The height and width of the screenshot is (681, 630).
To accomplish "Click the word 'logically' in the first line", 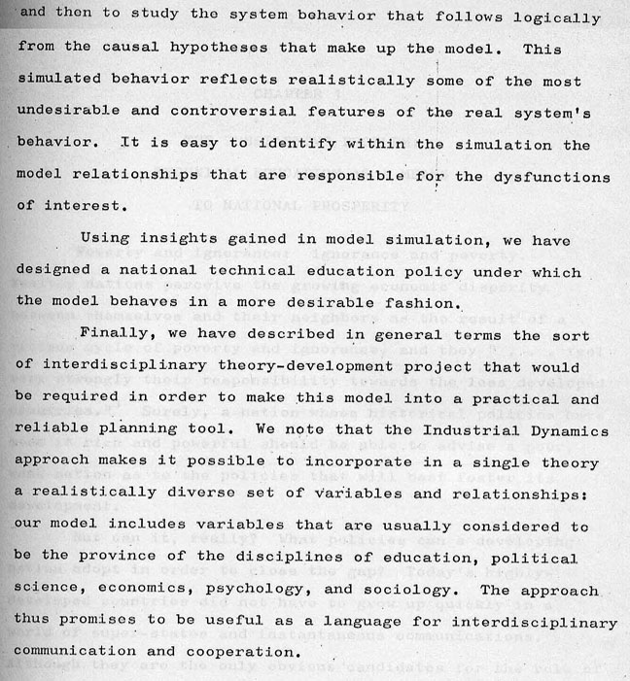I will click(x=555, y=17).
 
